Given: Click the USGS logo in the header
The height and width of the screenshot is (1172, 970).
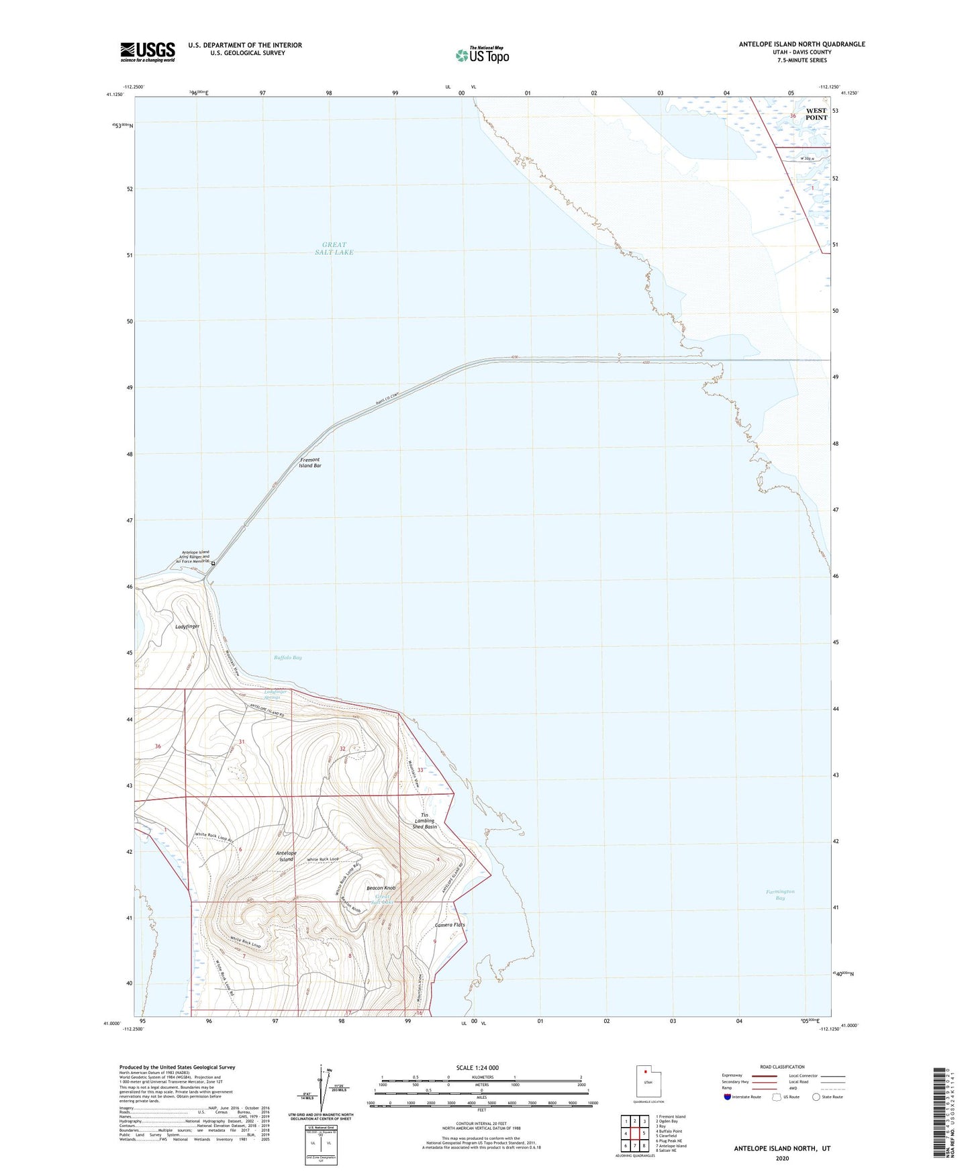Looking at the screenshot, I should point(148,51).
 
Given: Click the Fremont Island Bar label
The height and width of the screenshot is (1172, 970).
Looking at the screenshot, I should point(310,462).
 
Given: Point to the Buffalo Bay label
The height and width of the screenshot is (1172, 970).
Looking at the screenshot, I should point(288,658).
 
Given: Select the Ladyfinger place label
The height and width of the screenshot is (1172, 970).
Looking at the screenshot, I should point(187,626).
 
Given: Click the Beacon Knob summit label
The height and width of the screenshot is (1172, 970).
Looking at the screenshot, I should point(381,888).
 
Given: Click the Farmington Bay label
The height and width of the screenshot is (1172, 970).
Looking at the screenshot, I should point(780,895).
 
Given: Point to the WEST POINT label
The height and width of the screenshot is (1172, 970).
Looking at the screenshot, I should point(816,114).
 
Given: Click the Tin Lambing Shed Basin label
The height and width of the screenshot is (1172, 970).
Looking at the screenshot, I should point(424,821).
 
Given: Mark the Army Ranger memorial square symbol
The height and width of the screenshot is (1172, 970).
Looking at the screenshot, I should point(213,563).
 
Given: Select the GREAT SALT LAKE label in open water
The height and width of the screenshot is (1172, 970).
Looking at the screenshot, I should point(334,248).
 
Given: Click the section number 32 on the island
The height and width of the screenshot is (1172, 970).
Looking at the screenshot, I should point(342,748).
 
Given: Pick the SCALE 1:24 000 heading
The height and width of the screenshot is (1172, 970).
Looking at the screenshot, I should point(477,1067).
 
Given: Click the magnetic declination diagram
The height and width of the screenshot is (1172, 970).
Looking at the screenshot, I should point(319,1091).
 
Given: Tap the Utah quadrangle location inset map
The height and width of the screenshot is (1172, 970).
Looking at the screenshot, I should point(648,1083).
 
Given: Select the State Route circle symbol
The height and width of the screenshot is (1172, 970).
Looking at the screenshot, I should point(816,1097).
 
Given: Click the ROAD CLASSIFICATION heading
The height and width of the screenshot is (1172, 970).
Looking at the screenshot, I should point(782,1067).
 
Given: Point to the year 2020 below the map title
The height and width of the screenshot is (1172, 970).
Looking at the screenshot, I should point(781,1158).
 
